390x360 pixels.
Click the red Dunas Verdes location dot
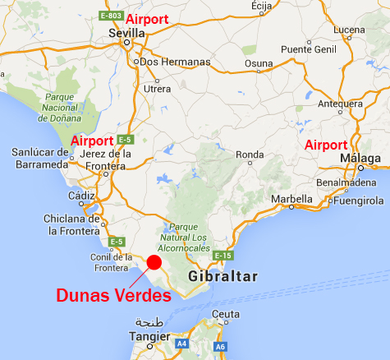click(154, 262)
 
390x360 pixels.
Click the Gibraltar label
click(223, 276)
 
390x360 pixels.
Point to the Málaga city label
click(361, 158)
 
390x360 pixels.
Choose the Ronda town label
click(250, 155)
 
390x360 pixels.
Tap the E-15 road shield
click(222, 257)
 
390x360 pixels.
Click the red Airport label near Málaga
click(326, 145)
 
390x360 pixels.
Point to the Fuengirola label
click(357, 199)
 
